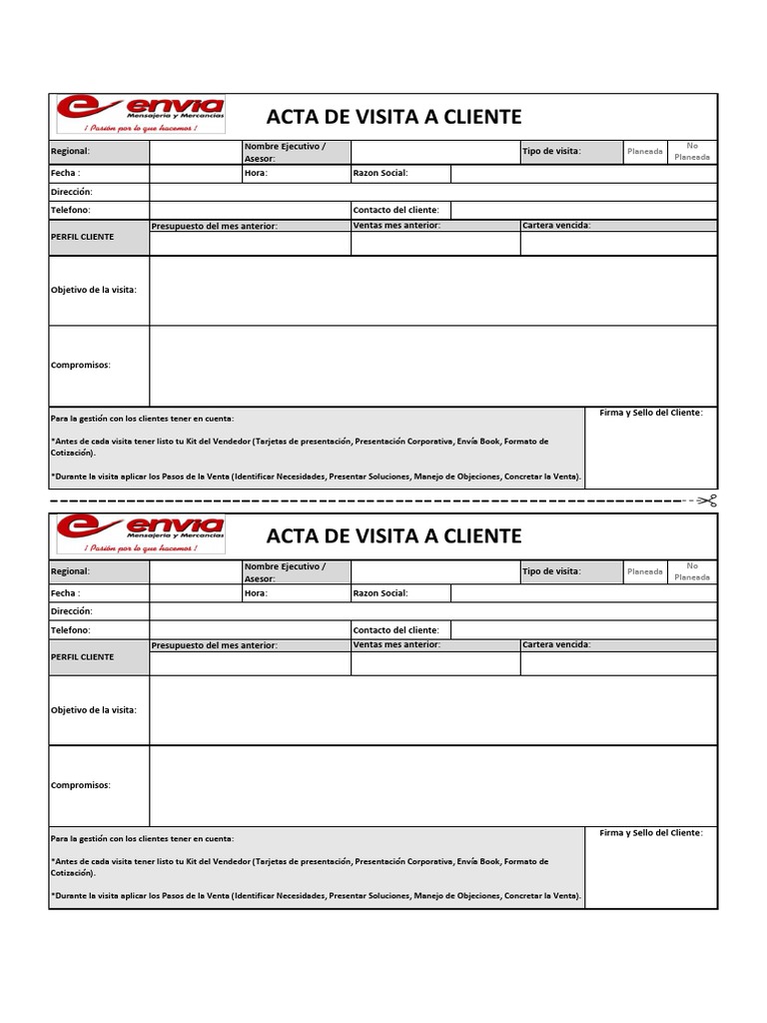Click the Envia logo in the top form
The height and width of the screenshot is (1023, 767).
140,115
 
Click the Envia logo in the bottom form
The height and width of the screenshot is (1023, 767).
140,534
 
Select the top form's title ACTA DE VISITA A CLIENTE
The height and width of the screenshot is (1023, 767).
393,117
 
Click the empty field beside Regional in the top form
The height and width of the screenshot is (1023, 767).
196,152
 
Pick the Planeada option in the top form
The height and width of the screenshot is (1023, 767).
644,152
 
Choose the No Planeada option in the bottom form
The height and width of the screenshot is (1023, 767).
692,571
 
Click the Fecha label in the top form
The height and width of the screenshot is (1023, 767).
65,173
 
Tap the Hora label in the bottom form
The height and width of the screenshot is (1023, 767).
256,592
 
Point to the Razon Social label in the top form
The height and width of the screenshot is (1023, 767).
381,173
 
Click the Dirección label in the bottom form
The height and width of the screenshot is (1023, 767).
71,610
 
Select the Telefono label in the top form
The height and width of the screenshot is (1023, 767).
70,210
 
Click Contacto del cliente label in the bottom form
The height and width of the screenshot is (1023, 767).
395,630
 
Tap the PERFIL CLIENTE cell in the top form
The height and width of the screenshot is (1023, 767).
82,237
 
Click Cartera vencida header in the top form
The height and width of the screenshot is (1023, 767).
556,226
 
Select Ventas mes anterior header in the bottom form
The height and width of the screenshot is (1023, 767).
396,645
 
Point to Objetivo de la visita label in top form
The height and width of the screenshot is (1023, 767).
94,290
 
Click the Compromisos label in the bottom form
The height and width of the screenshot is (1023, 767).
81,785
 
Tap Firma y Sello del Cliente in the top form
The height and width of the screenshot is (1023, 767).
650,413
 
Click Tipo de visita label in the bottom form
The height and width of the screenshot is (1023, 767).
550,571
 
